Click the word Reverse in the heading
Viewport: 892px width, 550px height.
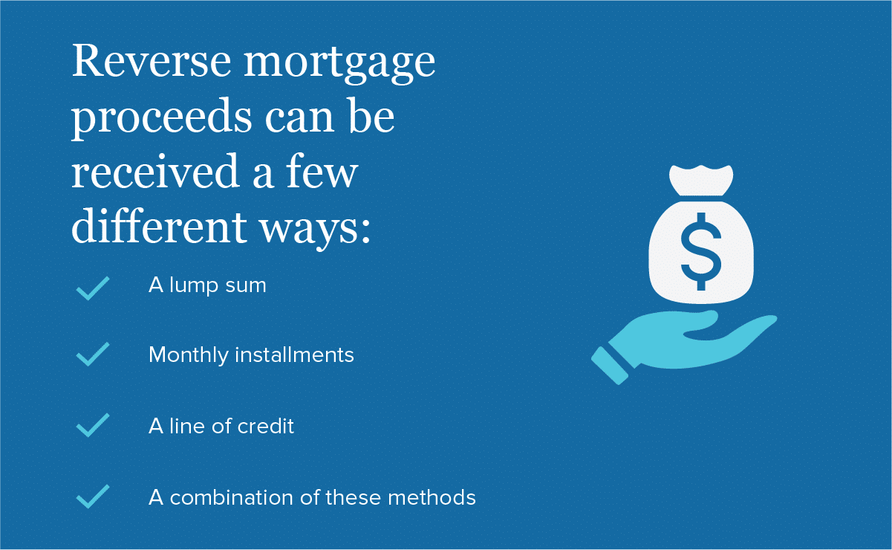[152, 61]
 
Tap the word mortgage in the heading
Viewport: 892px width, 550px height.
[339, 65]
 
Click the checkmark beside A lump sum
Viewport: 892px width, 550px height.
[93, 288]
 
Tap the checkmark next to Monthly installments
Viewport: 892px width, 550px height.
[93, 354]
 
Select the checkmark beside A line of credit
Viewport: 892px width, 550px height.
[93, 425]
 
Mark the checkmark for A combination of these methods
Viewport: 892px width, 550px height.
[93, 496]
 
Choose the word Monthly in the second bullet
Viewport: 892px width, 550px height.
[189, 355]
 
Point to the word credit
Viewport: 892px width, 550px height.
[266, 426]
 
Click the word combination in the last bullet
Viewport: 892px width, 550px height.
[232, 497]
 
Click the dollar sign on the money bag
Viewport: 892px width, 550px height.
[701, 251]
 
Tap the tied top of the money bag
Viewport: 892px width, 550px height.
[701, 180]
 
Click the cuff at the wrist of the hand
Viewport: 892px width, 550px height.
[610, 366]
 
